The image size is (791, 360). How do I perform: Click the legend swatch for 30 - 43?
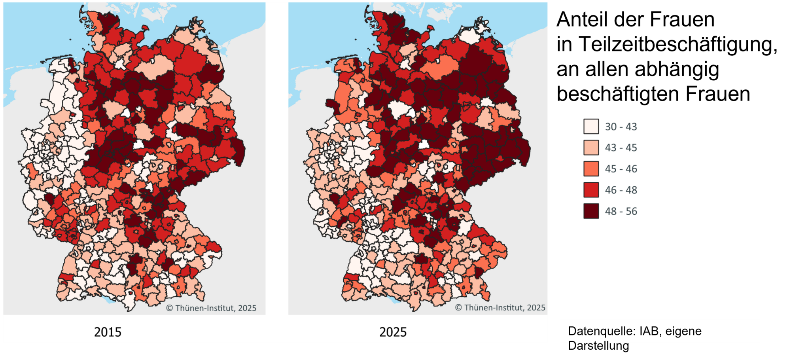click(591, 127)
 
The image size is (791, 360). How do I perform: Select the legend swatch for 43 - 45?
click(591, 148)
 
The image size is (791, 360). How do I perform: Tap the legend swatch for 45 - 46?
click(591, 169)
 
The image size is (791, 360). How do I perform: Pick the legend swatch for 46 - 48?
click(591, 190)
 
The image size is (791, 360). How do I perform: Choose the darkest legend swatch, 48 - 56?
click(591, 211)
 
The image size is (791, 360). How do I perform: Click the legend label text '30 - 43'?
click(621, 127)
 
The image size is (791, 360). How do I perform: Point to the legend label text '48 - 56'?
click(621, 211)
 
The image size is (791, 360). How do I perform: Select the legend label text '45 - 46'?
click(621, 169)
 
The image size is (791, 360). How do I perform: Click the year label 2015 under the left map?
click(108, 332)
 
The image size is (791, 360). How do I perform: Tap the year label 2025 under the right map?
click(393, 332)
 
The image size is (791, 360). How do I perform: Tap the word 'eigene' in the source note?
click(683, 331)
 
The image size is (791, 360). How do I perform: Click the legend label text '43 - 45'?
click(621, 148)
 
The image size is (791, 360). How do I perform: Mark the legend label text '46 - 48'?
click(621, 190)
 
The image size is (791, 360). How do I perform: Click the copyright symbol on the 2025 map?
click(458, 308)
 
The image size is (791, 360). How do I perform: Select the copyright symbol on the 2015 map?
click(169, 308)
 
